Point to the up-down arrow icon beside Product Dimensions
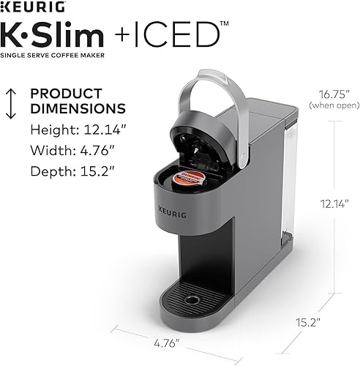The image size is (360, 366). tap(11, 103)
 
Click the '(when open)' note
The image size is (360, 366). tap(329, 105)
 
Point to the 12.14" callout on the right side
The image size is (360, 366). tap(330, 204)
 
